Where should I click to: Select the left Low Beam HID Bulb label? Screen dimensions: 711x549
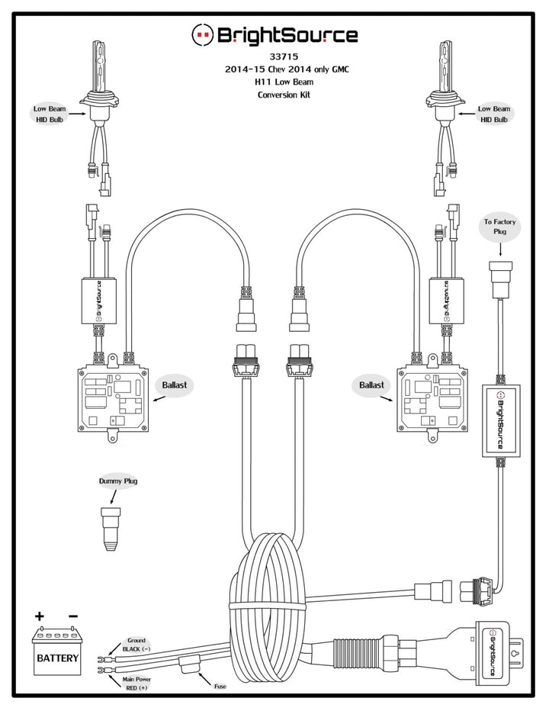tap(50, 115)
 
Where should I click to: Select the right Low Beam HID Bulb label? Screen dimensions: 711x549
tap(494, 115)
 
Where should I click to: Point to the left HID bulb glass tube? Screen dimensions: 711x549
tap(101, 61)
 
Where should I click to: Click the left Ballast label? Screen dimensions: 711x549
tap(173, 385)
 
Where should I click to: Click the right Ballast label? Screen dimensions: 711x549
tap(372, 385)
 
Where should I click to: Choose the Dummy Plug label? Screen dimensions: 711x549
tap(118, 481)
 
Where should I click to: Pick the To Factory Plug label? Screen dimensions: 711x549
tap(499, 227)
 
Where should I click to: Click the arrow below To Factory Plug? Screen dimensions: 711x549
tap(499, 249)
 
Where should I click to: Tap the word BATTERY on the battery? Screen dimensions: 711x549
tap(57, 656)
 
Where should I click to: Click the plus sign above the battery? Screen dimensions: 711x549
tap(40, 616)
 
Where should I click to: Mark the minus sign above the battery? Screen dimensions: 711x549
tap(73, 616)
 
